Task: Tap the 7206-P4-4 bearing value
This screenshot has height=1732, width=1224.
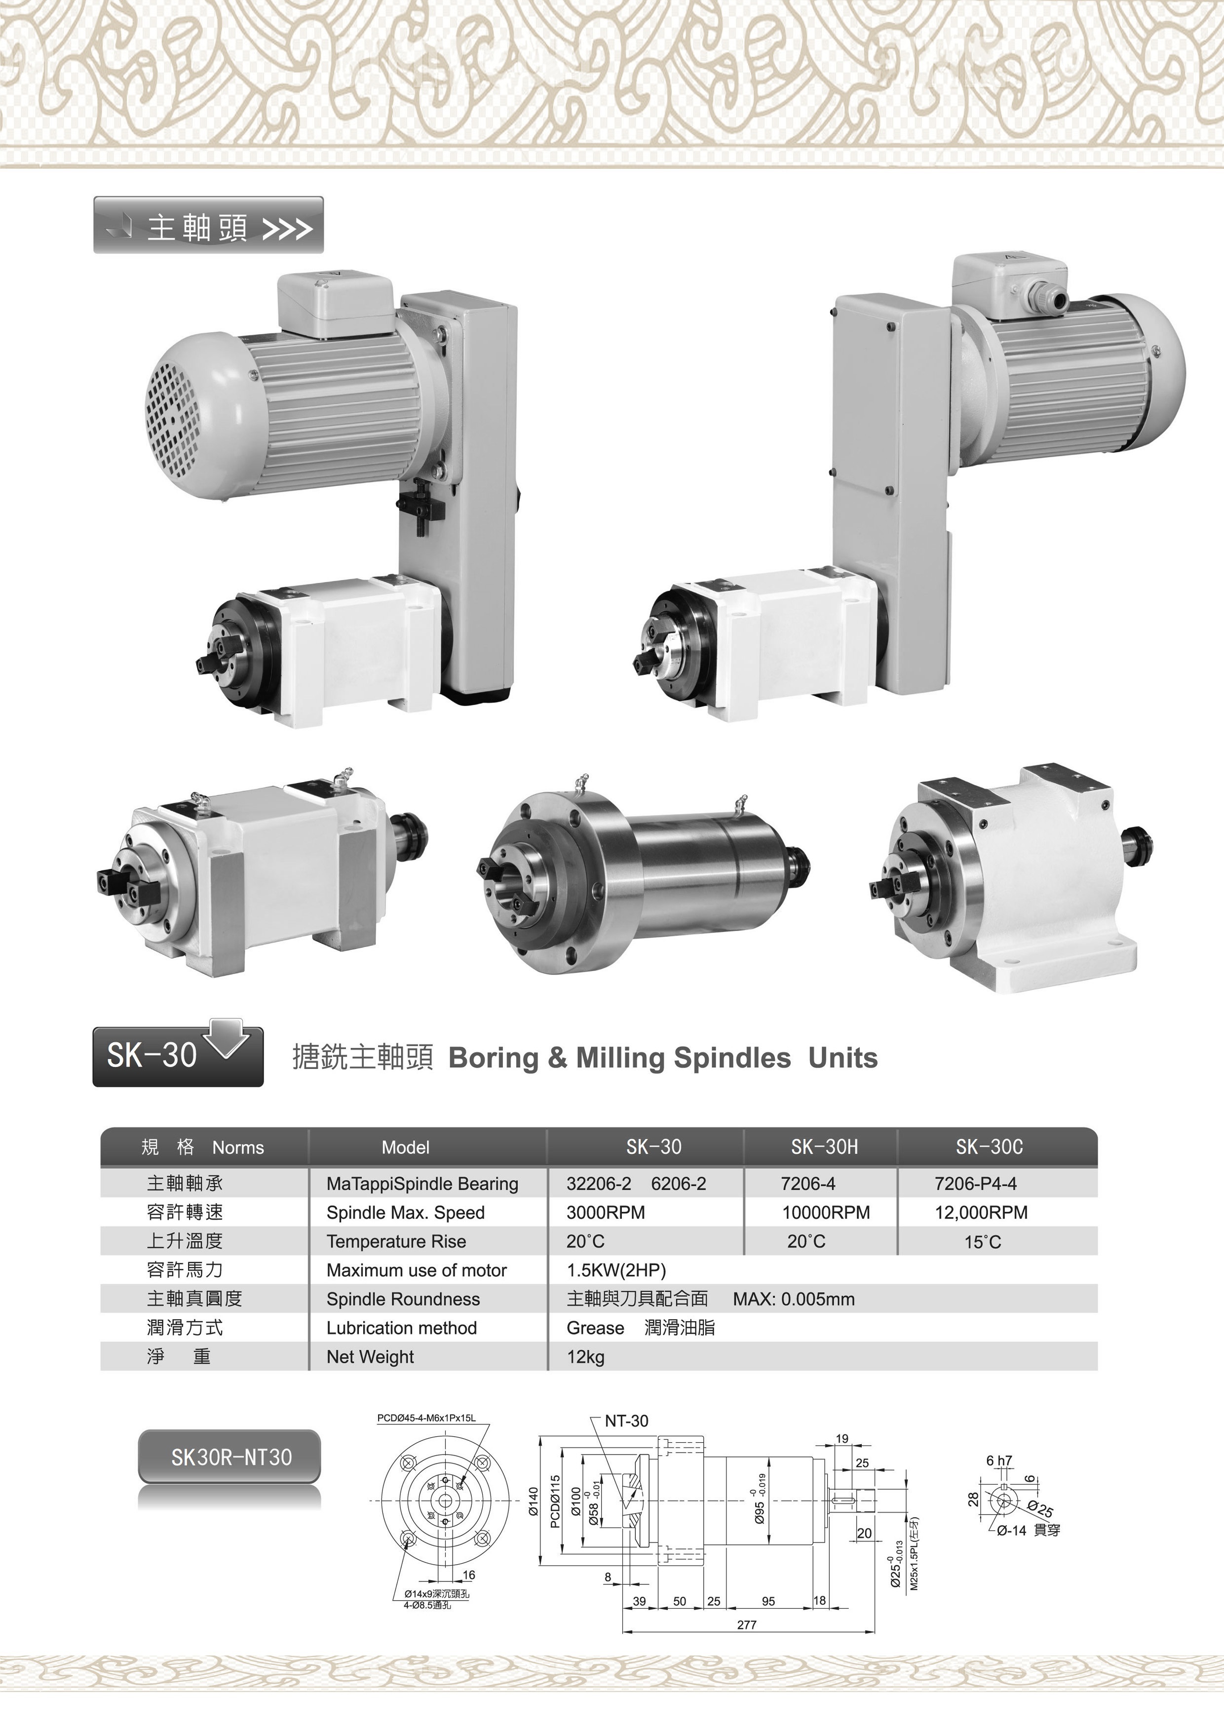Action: coord(975,1183)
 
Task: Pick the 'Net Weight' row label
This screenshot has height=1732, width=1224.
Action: coord(370,1357)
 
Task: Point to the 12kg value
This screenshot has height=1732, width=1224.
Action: coord(585,1357)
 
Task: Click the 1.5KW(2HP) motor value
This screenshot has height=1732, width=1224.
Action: coord(616,1270)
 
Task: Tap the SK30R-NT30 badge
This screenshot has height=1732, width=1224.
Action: coord(230,1456)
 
